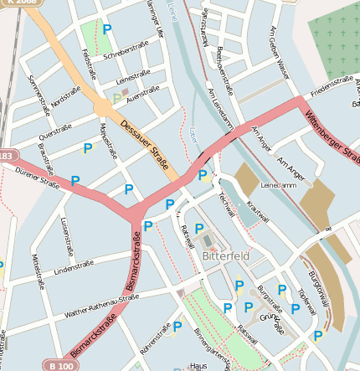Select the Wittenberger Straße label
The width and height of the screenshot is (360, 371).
[332, 139]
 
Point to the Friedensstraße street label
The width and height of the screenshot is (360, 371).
[332, 85]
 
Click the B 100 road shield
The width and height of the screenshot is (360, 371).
[61, 365]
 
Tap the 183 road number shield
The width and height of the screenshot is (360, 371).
[7, 156]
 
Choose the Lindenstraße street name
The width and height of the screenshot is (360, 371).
[73, 269]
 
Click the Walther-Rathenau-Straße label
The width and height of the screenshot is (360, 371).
[99, 307]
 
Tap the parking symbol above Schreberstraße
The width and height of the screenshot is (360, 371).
[106, 29]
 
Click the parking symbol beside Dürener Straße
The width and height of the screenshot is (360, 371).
[75, 180]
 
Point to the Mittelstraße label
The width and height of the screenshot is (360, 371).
[36, 271]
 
